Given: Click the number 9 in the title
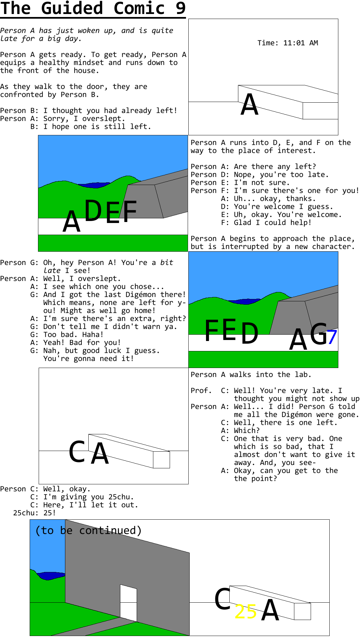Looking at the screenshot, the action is coord(181,8).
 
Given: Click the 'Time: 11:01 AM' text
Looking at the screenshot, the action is coord(288,43).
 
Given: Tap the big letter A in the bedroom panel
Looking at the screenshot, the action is coord(250,104).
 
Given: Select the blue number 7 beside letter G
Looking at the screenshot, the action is coord(332,337).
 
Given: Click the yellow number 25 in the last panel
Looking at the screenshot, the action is coord(246,612).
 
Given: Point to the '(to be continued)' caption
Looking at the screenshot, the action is coord(88,530).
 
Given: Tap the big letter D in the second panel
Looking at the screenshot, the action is coord(93,210).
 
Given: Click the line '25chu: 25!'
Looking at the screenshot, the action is coord(34,513).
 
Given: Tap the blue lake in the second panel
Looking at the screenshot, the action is coord(94,185).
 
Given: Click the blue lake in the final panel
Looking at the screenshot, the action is coord(51,576).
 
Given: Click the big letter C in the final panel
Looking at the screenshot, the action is coord(222,599).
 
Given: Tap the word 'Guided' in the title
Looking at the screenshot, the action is coord(72,8).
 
